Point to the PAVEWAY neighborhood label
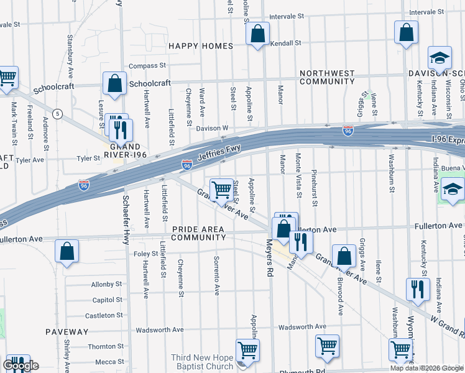63,332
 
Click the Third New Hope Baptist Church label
203,362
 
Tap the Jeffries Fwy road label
218,153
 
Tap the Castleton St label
104,316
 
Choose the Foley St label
145,254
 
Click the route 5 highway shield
57,114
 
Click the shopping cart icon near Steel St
221,190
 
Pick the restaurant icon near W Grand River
417,290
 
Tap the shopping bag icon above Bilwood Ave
344,256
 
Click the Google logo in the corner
21,366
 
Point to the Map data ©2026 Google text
426,368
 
